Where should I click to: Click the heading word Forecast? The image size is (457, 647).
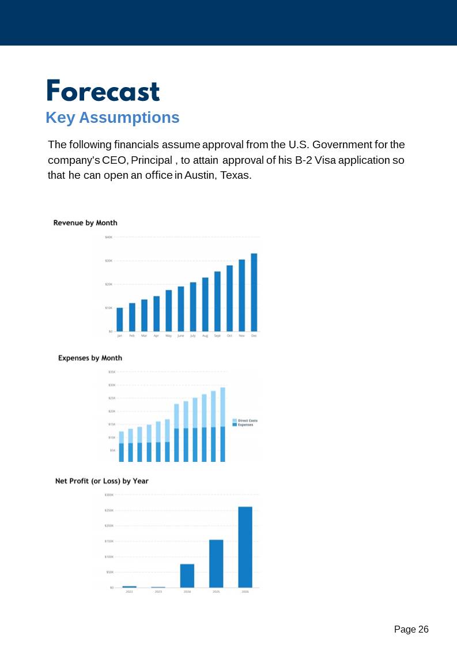click(103, 91)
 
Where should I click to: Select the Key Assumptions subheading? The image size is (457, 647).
click(112, 118)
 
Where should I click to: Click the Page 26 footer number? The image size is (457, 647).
click(411, 629)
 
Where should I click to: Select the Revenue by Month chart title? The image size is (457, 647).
click(85, 223)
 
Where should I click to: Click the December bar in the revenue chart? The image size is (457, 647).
click(254, 292)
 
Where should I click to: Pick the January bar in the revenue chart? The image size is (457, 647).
click(120, 319)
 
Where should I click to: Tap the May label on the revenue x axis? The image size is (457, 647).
click(168, 335)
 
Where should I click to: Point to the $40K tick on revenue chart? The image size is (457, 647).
click(108, 237)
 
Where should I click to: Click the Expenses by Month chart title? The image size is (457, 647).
click(90, 358)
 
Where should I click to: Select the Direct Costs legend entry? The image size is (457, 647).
click(247, 420)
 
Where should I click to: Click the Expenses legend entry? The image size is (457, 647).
click(246, 425)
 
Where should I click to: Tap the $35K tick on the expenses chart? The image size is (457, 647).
click(112, 372)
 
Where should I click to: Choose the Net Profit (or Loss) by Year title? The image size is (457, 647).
click(101, 480)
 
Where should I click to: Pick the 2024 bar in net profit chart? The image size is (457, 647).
click(187, 575)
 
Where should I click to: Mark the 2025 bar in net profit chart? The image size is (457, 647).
click(216, 563)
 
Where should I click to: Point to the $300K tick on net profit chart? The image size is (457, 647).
click(109, 495)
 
